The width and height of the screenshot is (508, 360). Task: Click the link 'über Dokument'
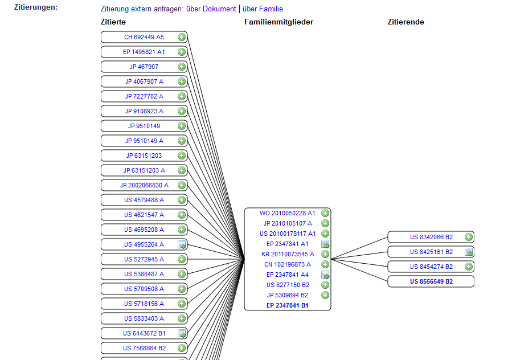[211, 9]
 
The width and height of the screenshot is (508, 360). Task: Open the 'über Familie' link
[263, 9]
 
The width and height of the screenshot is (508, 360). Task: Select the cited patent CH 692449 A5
[144, 37]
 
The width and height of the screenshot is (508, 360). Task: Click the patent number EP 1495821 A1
[144, 52]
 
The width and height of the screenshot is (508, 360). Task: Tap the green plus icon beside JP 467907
[182, 67]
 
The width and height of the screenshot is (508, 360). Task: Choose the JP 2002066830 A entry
[144, 185]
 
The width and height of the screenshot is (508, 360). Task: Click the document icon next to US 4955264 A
[182, 244]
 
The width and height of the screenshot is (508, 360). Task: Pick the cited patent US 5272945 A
[144, 259]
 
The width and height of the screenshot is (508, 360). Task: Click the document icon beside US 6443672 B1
[182, 333]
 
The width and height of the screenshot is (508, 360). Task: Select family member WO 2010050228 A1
[288, 213]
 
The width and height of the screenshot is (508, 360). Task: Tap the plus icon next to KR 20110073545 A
[325, 254]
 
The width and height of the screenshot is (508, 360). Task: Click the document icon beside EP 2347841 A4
[325, 275]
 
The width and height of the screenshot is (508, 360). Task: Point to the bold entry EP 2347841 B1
[288, 305]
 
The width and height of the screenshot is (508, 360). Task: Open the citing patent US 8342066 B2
[431, 237]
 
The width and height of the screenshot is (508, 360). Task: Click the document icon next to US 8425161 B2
[469, 252]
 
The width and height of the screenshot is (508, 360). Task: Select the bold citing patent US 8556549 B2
[431, 281]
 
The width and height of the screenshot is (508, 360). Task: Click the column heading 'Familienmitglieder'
[278, 22]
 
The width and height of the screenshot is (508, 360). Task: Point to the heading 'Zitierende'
[406, 22]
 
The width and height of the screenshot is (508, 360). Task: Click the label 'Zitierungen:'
[36, 7]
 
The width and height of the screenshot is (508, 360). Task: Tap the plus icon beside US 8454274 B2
[469, 267]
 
